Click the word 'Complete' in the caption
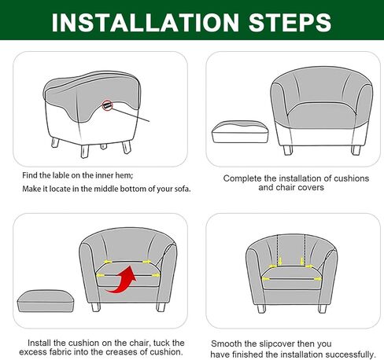[x=243, y=178]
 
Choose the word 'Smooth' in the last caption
[x=228, y=344]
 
